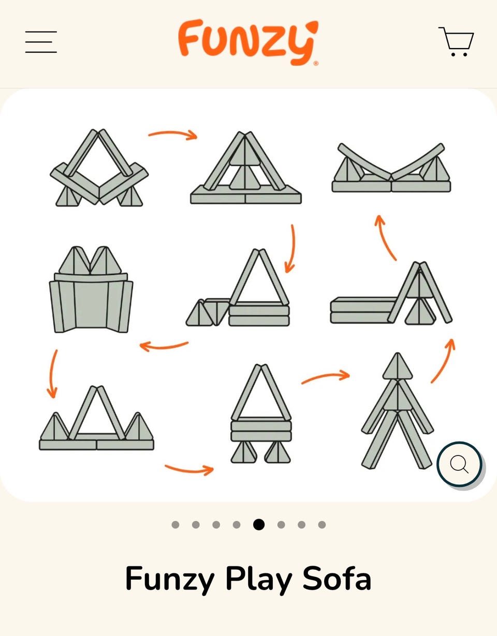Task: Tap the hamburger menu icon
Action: [41, 42]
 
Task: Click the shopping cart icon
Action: [456, 41]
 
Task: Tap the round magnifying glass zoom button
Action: [459, 464]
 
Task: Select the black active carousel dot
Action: [259, 525]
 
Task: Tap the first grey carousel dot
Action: [176, 525]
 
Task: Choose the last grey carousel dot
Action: [321, 525]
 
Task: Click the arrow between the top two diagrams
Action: [173, 133]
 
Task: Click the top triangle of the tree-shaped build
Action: [397, 366]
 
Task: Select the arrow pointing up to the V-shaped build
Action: [384, 237]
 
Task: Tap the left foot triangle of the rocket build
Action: [244, 452]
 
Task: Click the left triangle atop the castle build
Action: [75, 260]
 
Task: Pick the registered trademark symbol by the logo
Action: [316, 63]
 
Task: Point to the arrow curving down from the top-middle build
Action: [292, 249]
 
